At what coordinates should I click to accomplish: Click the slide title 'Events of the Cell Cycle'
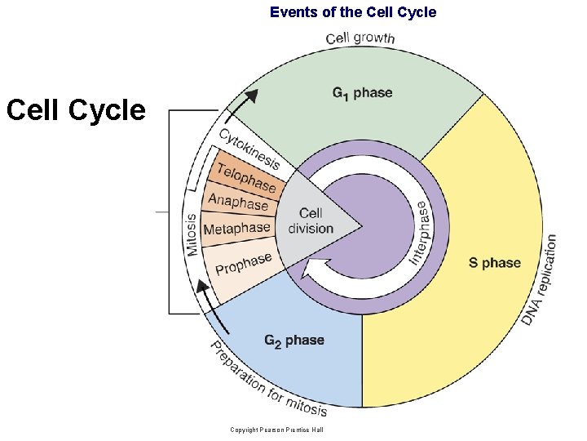353,12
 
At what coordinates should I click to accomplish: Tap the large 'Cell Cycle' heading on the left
75,109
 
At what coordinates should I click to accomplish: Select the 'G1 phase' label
362,92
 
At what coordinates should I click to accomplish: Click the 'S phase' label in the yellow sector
494,262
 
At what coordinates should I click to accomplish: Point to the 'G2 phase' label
294,340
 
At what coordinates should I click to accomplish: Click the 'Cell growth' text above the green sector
360,38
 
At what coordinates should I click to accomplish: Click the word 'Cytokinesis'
249,149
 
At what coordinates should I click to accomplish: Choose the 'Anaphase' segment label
238,201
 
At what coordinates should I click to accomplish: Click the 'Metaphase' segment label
236,229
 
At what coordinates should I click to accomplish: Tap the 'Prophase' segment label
243,263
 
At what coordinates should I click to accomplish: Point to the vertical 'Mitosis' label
192,235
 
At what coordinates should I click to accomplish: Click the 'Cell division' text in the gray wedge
311,221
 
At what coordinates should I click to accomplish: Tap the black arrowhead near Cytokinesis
252,96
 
